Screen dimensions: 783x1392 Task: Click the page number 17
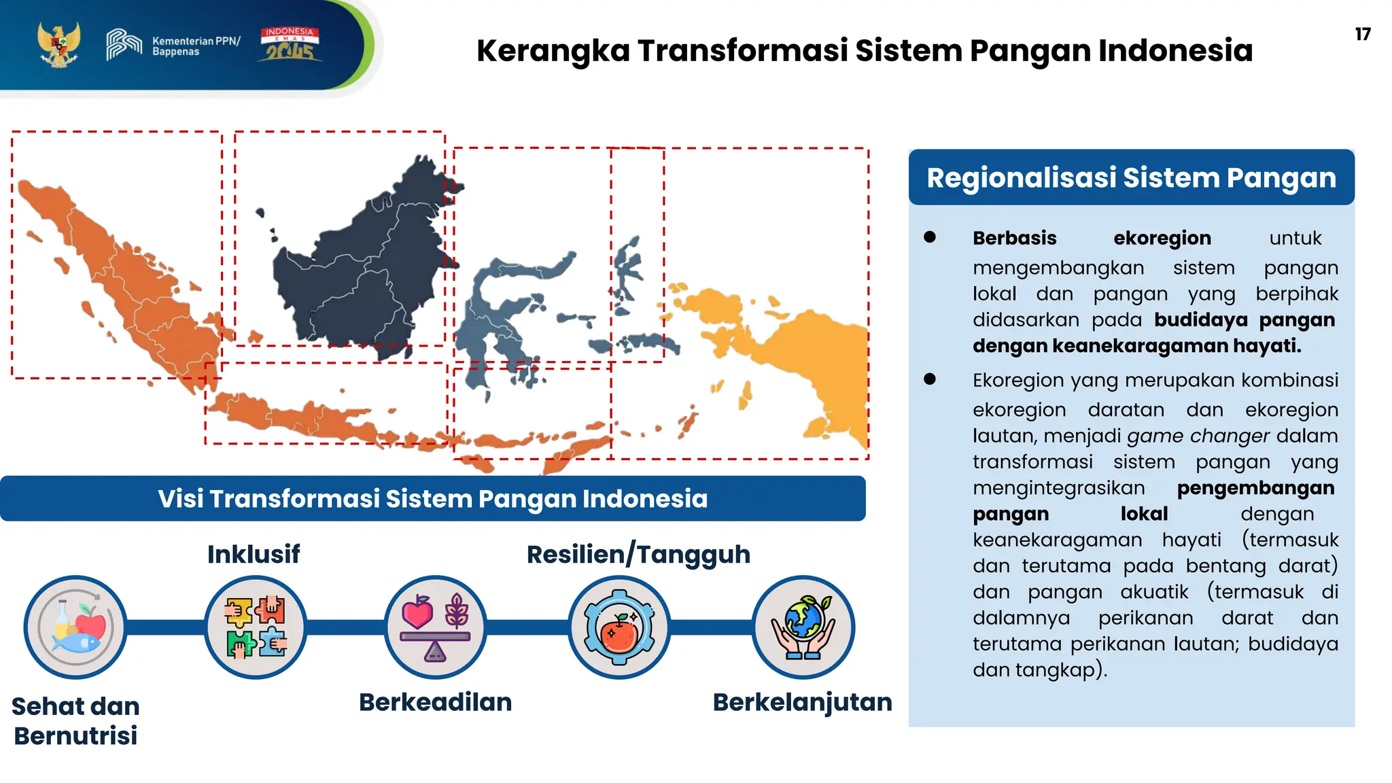1362,35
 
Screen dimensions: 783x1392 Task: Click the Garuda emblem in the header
58,45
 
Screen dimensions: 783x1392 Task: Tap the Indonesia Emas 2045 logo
290,45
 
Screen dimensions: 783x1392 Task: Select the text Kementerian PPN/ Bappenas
196,46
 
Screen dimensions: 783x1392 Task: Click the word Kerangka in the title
553,51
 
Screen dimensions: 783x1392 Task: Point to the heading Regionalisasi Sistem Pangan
1131,178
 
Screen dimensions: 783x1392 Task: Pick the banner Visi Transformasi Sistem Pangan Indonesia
433,499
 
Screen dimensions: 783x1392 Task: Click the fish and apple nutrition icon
75,627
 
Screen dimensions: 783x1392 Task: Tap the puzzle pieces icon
256,627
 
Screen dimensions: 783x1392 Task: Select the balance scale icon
435,627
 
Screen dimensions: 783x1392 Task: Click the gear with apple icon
619,627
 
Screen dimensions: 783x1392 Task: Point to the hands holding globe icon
803,627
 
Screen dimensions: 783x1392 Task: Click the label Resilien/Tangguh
638,555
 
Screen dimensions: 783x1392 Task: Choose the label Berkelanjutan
802,702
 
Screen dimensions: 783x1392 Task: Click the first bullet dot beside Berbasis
930,237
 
